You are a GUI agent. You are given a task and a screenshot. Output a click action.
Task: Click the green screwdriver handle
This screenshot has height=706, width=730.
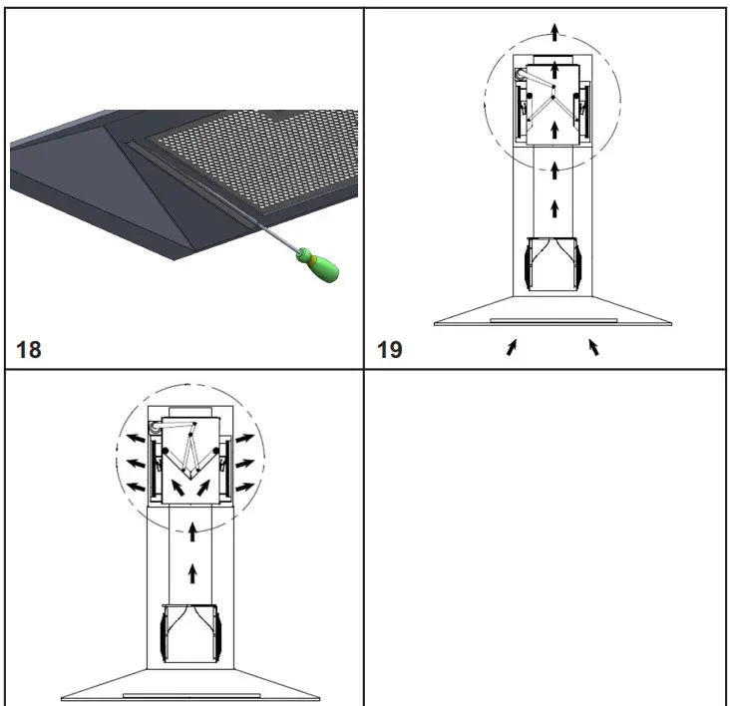[x=322, y=264]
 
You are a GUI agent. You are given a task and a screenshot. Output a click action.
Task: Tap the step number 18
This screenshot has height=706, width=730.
[x=29, y=351]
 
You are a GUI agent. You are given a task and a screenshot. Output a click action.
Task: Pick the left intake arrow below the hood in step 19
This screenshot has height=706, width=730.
[x=512, y=347]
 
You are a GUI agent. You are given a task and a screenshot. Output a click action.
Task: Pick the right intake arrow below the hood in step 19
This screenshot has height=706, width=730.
[x=594, y=347]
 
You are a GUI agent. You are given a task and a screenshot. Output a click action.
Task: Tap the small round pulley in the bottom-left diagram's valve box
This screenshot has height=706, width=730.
[x=156, y=426]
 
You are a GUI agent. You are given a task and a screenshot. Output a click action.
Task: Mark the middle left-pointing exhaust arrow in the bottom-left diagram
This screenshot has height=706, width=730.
[x=130, y=462]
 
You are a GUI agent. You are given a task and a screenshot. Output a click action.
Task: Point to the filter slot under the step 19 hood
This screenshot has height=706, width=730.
[x=553, y=320]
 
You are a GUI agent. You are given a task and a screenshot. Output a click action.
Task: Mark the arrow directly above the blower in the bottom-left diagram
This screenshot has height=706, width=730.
[x=192, y=573]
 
